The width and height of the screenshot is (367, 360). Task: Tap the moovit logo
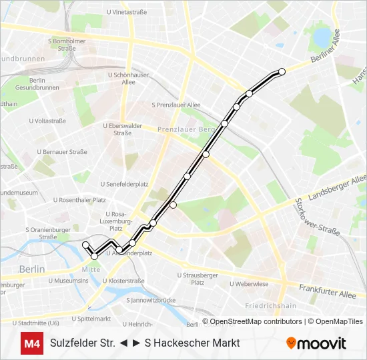tap(316, 343)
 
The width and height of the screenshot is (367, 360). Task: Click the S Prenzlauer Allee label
tap(176, 105)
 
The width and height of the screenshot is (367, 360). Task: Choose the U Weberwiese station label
tap(249, 283)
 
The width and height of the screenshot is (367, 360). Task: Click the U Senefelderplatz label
tap(124, 183)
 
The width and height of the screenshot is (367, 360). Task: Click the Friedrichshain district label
tap(270, 306)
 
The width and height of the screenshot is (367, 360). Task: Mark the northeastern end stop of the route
tap(282, 71)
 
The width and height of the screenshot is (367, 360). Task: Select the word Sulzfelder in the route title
tap(72, 343)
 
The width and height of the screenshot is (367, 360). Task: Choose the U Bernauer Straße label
tap(62, 151)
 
